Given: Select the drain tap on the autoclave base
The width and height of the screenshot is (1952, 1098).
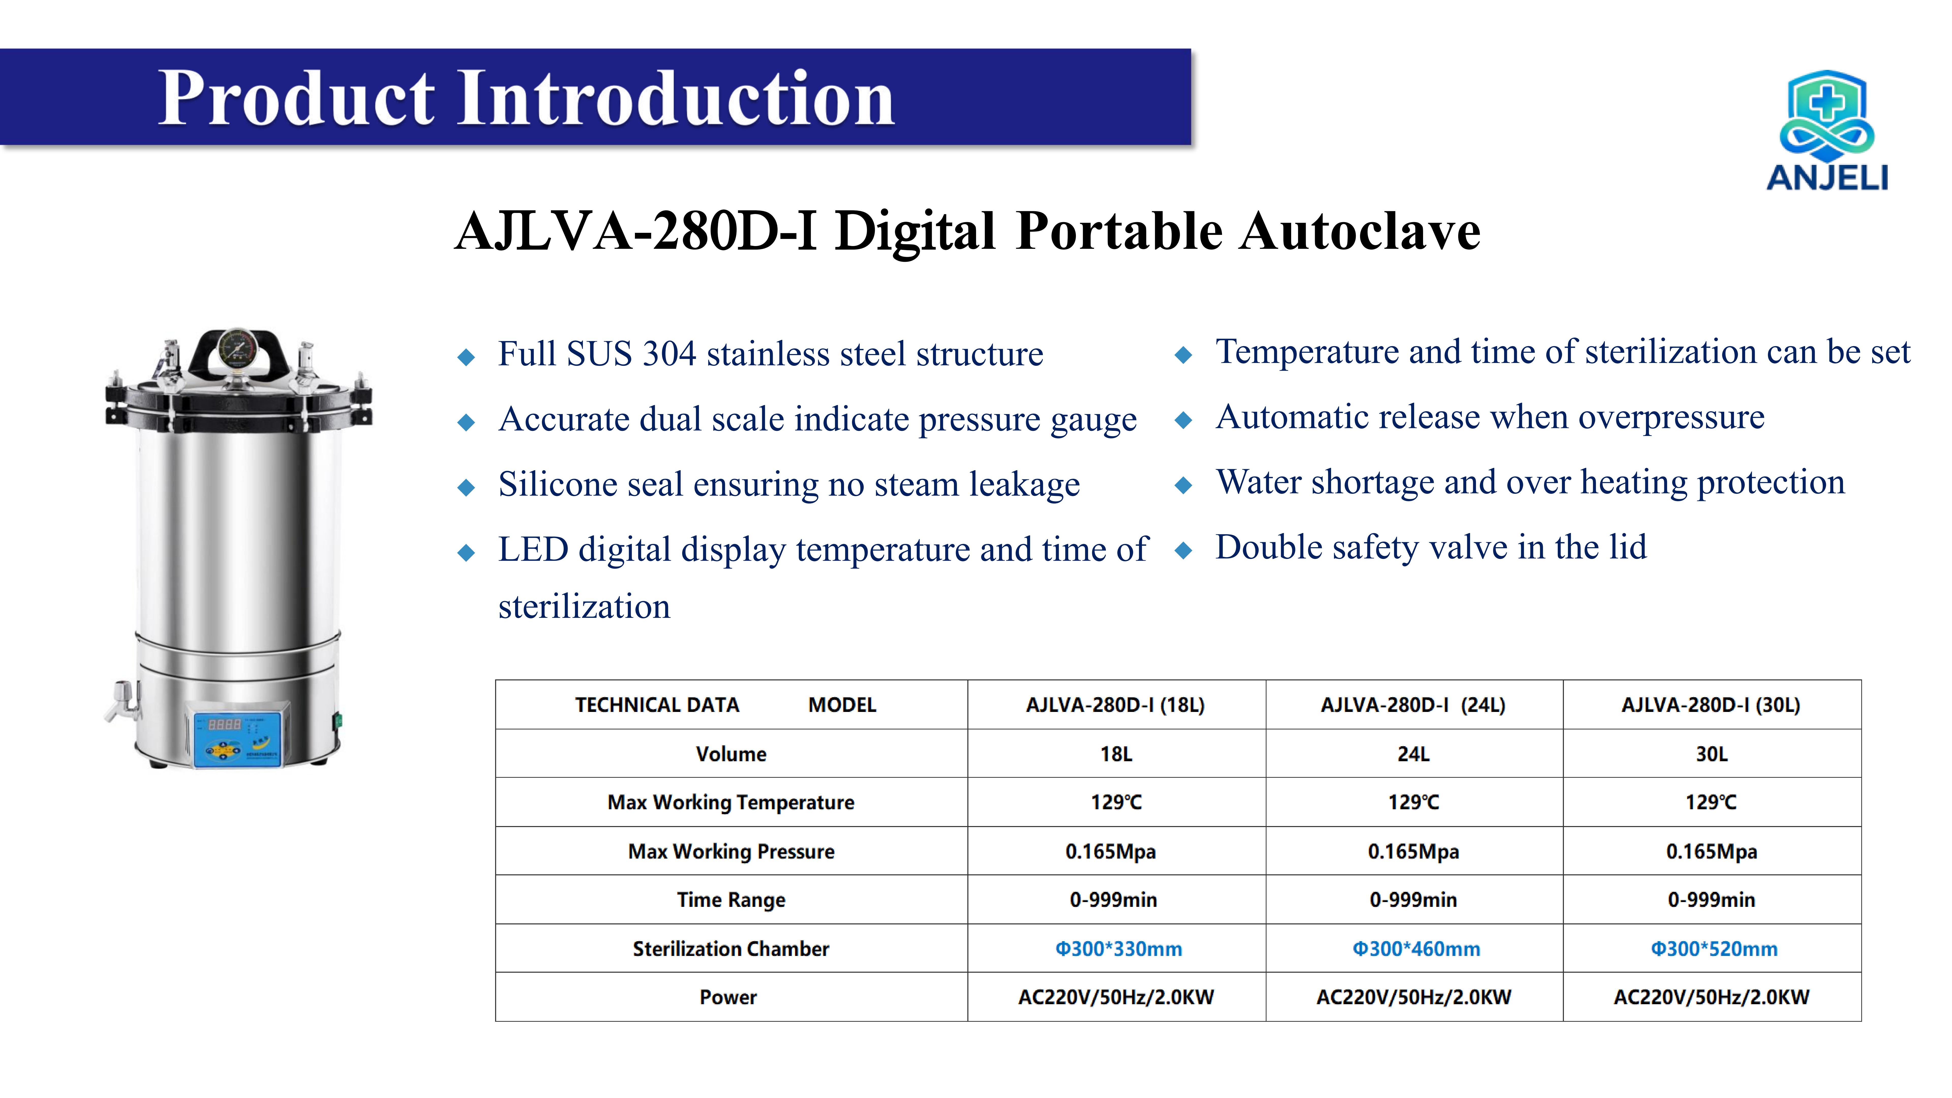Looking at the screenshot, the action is pyautogui.click(x=124, y=701).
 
